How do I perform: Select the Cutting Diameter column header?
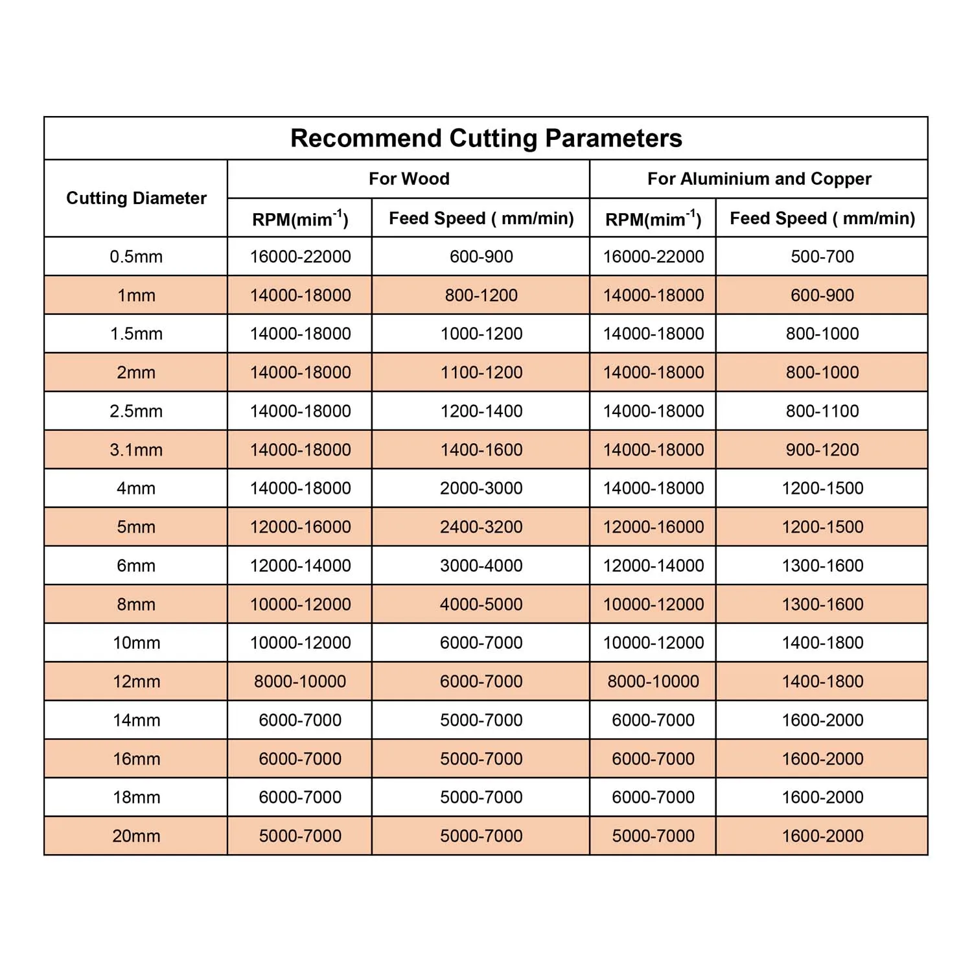pos(136,198)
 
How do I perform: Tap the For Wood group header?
pos(409,179)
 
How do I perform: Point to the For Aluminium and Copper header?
pos(759,179)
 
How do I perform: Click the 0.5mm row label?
pos(136,257)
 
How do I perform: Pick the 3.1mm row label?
pos(136,450)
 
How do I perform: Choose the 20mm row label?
pos(136,836)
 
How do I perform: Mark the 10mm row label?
pos(136,643)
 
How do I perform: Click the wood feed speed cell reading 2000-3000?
pos(481,488)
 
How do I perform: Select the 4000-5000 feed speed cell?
pos(481,604)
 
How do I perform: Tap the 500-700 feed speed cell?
pos(822,257)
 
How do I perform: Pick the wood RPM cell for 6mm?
pos(300,566)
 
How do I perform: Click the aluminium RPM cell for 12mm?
pos(653,681)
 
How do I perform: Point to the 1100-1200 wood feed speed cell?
pos(481,373)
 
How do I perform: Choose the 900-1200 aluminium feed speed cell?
pos(822,450)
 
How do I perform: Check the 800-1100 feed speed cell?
pos(822,411)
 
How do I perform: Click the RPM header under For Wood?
pos(300,219)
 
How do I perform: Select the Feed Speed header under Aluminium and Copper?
pos(822,218)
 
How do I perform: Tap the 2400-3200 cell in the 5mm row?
pos(481,527)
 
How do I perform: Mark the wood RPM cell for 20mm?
pos(300,836)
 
